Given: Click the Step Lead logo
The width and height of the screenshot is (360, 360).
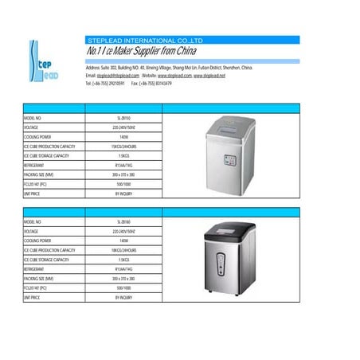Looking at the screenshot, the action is pyautogui.click(x=41, y=62).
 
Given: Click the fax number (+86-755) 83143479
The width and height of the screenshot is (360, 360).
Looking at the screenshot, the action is pyautogui.click(x=161, y=83).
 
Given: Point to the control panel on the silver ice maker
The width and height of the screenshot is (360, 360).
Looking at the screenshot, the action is pyautogui.click(x=232, y=158).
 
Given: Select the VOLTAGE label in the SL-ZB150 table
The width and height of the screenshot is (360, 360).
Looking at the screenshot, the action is pyautogui.click(x=33, y=127).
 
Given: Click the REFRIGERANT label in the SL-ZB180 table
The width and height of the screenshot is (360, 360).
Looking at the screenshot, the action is pyautogui.click(x=35, y=270).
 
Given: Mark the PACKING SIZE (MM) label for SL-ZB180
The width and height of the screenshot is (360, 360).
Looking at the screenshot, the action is pyautogui.click(x=39, y=279).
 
